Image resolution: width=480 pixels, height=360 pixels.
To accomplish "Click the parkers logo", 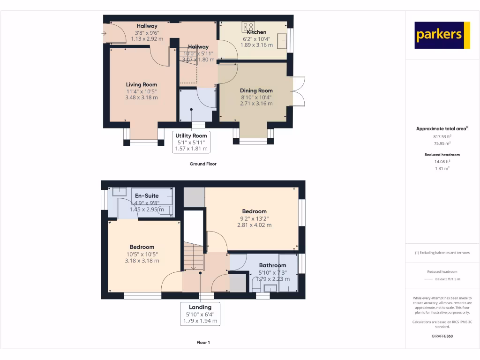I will click(442, 35).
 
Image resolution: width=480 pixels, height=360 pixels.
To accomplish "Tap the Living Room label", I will click(142, 85).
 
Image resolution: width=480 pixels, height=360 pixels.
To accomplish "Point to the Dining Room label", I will click(256, 90).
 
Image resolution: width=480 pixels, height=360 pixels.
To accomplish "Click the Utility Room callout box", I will click(191, 142).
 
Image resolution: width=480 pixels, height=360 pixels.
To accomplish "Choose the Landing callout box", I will click(200, 314).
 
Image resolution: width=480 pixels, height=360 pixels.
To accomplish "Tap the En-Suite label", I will click(147, 195).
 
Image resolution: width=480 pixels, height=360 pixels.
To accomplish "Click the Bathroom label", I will click(272, 265).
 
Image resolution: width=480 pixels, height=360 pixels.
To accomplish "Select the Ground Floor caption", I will click(203, 164).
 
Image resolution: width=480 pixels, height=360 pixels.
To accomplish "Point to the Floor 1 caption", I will click(203, 343).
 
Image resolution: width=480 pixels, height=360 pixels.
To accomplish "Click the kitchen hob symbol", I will click(248, 26).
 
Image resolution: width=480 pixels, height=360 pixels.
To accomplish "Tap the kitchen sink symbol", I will click(282, 40).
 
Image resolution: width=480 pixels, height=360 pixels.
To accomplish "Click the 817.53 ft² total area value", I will click(442, 136).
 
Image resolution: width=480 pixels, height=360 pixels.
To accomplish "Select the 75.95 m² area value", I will click(442, 144).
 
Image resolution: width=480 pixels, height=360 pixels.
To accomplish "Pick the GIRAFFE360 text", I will click(442, 336).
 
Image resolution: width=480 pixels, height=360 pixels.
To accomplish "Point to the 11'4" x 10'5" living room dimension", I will click(142, 91).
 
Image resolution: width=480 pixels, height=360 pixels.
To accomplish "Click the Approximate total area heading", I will click(442, 128).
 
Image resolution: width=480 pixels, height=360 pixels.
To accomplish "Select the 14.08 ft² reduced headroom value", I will click(442, 161).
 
